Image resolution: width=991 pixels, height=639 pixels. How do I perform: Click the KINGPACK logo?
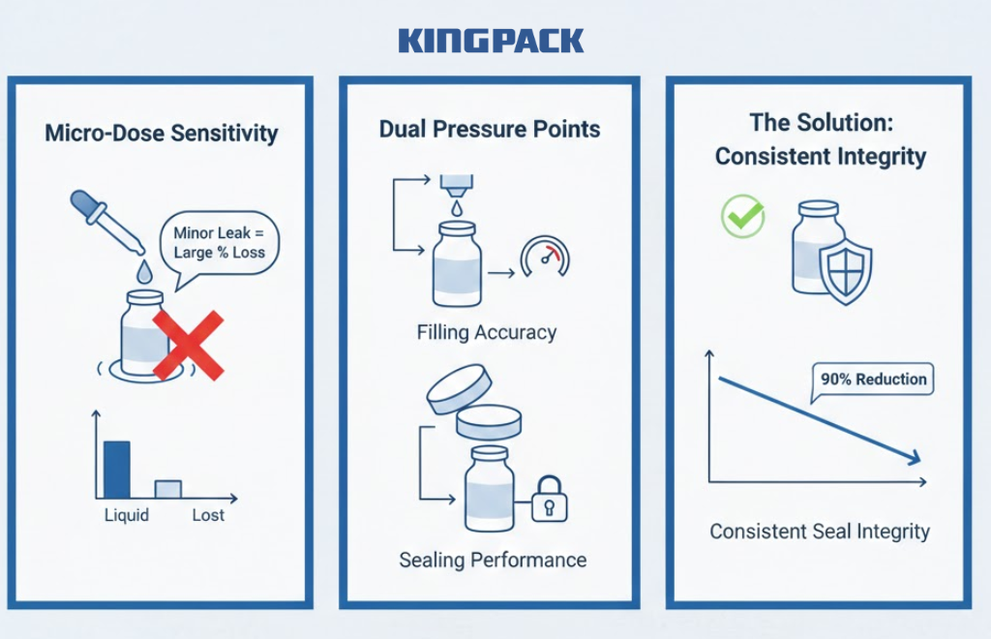click(x=491, y=41)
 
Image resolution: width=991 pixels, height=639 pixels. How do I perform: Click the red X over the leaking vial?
click(x=189, y=345)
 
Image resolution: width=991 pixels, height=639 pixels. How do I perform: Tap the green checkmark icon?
click(x=743, y=216)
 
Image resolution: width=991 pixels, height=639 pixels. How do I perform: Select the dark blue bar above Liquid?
click(x=117, y=470)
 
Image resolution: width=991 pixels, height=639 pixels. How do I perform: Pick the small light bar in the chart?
click(x=168, y=489)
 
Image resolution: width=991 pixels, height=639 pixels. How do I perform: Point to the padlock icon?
click(x=550, y=500)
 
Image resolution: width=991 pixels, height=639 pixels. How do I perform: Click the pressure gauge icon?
click(x=545, y=257)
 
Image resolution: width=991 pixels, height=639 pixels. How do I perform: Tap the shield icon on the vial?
click(x=846, y=273)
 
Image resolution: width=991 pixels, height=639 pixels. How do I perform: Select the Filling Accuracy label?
click(x=487, y=332)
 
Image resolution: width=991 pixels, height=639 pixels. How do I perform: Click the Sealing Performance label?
click(x=493, y=560)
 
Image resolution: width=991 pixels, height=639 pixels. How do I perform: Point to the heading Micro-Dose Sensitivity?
click(x=162, y=134)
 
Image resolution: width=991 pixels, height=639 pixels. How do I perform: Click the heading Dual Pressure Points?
click(x=490, y=129)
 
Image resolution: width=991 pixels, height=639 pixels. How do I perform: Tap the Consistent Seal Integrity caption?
click(x=820, y=532)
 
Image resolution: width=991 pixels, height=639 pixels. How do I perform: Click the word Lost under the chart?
click(x=208, y=515)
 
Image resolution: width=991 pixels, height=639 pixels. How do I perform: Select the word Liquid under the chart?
click(x=127, y=516)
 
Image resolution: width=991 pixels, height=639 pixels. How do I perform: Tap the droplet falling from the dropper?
click(x=145, y=272)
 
